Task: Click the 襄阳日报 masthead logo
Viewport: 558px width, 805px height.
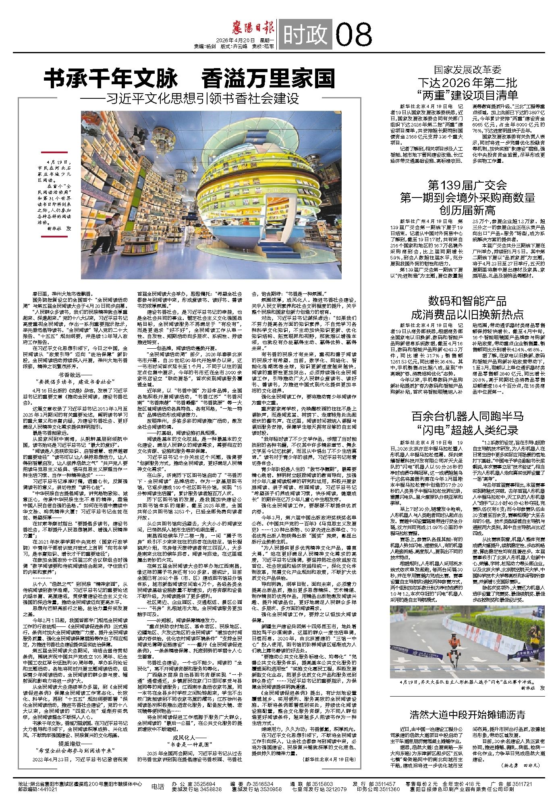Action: [254, 30]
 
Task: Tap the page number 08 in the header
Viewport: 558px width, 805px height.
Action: [353, 35]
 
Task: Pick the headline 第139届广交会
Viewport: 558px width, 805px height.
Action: [467, 185]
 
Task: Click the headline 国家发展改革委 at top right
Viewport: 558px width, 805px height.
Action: [467, 70]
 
